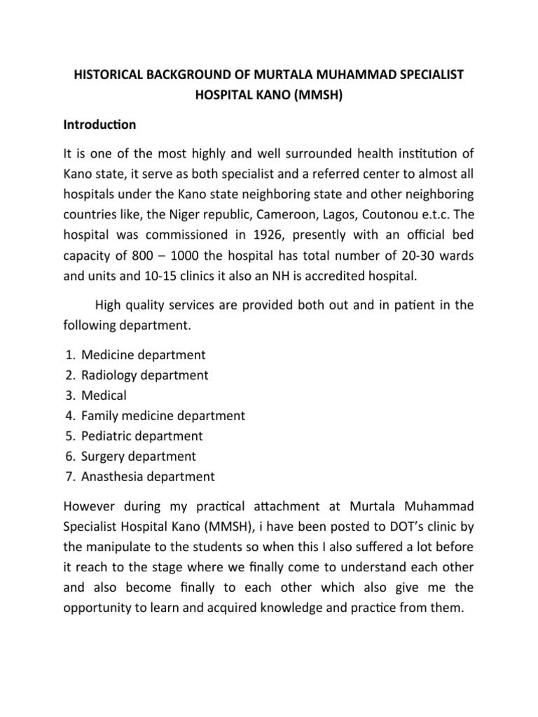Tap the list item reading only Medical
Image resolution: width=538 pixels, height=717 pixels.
tap(104, 395)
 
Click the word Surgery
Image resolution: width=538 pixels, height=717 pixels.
tap(104, 457)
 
